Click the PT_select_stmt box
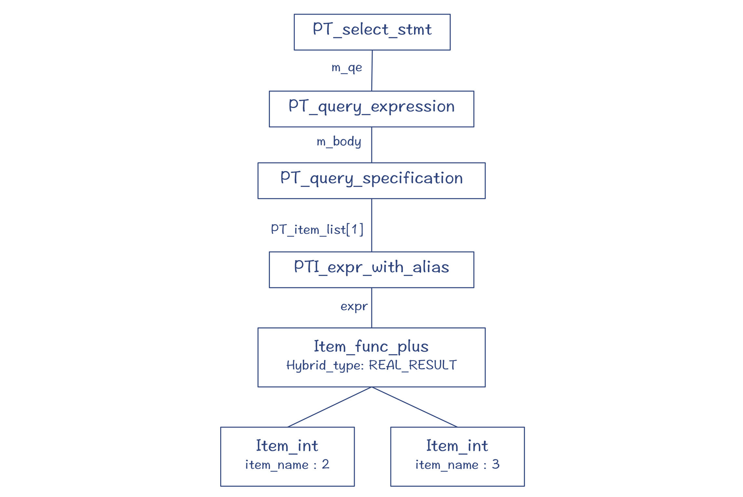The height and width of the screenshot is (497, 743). click(372, 32)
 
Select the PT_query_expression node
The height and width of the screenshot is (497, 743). click(371, 109)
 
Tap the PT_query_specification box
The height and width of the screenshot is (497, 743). click(371, 181)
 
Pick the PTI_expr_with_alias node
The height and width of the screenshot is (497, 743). click(371, 270)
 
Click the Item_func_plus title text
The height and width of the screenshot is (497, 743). click(371, 347)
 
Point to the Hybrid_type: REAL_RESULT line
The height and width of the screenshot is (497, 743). click(371, 365)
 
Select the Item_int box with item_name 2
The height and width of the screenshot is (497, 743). click(288, 457)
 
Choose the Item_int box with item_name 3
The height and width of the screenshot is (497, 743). click(457, 457)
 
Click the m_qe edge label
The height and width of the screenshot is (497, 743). click(347, 68)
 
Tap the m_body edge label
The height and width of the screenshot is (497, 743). click(339, 142)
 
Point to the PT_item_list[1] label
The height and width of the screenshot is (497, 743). click(317, 229)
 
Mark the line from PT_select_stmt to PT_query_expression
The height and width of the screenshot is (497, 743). click(372, 71)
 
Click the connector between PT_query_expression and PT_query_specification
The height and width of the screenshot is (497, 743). click(371, 145)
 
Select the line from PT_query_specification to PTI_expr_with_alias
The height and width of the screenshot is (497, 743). click(371, 225)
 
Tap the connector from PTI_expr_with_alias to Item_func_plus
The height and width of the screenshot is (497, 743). click(371, 308)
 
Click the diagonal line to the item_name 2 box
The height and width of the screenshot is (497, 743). click(330, 407)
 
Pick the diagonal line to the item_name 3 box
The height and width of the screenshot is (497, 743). click(414, 407)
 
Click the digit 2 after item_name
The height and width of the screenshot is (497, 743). click(326, 464)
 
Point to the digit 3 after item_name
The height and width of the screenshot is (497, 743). click(495, 464)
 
